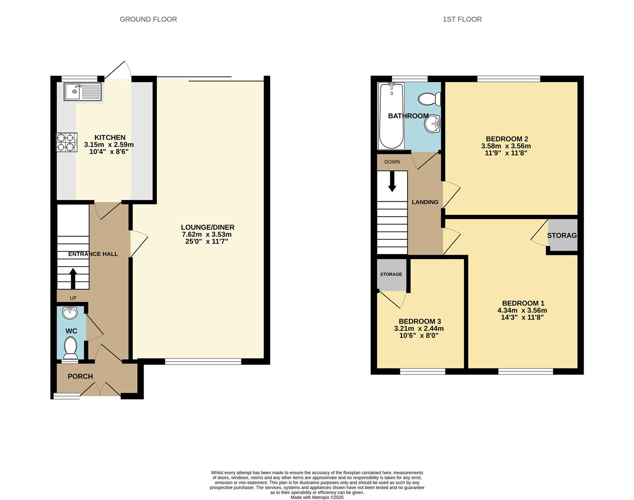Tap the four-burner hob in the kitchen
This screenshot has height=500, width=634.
(x=66, y=142)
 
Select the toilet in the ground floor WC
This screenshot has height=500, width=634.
(x=71, y=347)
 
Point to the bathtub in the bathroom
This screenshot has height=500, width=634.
(x=391, y=116)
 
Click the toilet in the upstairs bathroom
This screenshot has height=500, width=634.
(x=429, y=99)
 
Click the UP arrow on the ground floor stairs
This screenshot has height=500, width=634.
(x=73, y=278)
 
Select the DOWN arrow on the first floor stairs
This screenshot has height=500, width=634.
(x=392, y=181)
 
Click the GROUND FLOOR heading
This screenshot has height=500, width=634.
(x=148, y=19)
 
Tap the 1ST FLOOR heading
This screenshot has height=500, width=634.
(x=462, y=19)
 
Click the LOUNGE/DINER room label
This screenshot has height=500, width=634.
(x=207, y=227)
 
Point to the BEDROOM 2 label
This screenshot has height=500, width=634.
(x=507, y=139)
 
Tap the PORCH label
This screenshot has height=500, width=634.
(x=80, y=376)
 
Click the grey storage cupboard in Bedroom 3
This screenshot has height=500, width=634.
(x=391, y=274)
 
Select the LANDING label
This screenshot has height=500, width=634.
(x=425, y=202)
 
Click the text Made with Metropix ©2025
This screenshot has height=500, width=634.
(x=317, y=498)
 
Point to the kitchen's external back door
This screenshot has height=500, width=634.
(x=119, y=71)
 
